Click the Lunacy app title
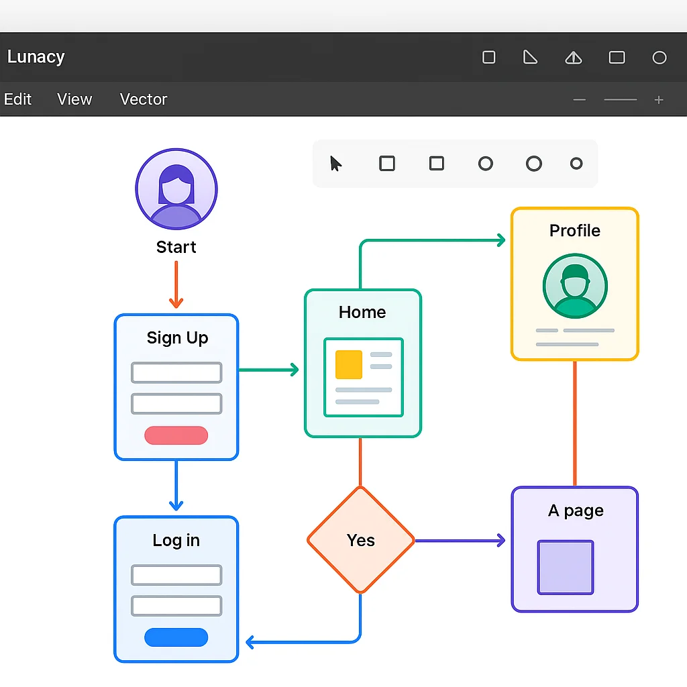[x=36, y=57]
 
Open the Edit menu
[x=17, y=99]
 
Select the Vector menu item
[x=144, y=99]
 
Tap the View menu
[x=74, y=99]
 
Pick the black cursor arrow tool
[x=336, y=164]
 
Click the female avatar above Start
[x=176, y=189]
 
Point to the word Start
[x=176, y=247]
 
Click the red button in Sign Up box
[x=176, y=435]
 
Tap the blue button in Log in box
[x=176, y=637]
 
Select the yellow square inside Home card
[x=349, y=364]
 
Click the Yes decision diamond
[x=361, y=540]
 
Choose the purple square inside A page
[x=566, y=568]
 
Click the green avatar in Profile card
[x=575, y=285]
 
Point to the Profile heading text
[x=575, y=231]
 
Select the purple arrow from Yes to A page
[x=460, y=541]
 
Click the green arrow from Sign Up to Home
[x=268, y=370]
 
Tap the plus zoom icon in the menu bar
[x=659, y=100]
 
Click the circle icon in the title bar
[x=659, y=58]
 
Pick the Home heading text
[x=362, y=312]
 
